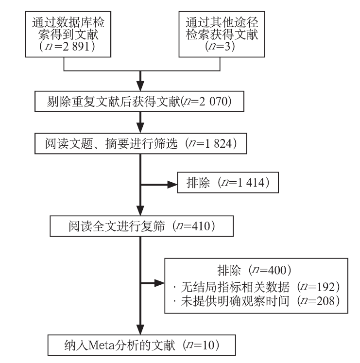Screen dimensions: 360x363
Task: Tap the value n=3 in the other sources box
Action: click(x=220, y=46)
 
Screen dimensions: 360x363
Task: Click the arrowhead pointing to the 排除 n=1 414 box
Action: click(x=172, y=185)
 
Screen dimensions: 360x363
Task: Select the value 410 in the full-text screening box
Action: click(x=200, y=226)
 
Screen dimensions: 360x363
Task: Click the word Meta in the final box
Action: click(x=102, y=346)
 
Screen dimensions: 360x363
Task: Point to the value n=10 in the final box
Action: click(x=201, y=345)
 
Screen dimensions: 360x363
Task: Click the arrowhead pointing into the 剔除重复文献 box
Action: click(x=140, y=86)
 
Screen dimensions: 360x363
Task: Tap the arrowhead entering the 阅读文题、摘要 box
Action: click(x=140, y=128)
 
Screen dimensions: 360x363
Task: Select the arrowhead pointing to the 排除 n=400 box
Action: click(x=159, y=283)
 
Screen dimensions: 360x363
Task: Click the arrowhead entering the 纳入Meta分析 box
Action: click(x=140, y=329)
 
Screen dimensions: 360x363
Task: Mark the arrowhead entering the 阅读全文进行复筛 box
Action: click(x=140, y=211)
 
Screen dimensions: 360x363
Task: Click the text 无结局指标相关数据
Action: click(x=235, y=287)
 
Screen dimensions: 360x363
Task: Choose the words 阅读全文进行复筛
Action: click(x=117, y=226)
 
